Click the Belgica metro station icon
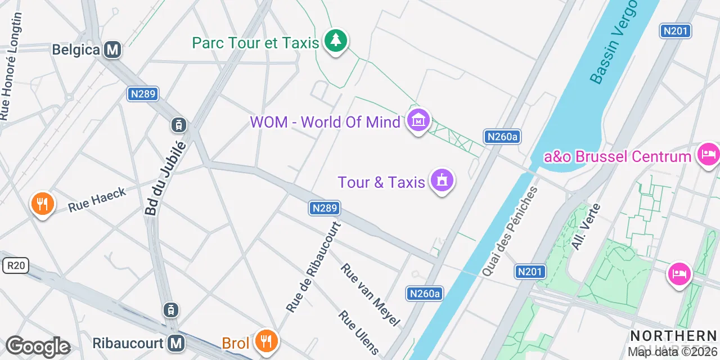tap(112, 49)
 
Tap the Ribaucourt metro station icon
tap(177, 343)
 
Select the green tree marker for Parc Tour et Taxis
tap(336, 40)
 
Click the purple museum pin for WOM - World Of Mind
tap(418, 120)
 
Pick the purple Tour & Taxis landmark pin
tap(442, 181)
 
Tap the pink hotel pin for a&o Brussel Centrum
tap(708, 154)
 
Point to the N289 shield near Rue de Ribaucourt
tap(325, 208)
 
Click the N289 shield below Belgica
tap(142, 94)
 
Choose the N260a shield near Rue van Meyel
tap(425, 293)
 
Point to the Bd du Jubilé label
tap(164, 178)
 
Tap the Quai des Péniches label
tap(510, 231)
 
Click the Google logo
tap(38, 346)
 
